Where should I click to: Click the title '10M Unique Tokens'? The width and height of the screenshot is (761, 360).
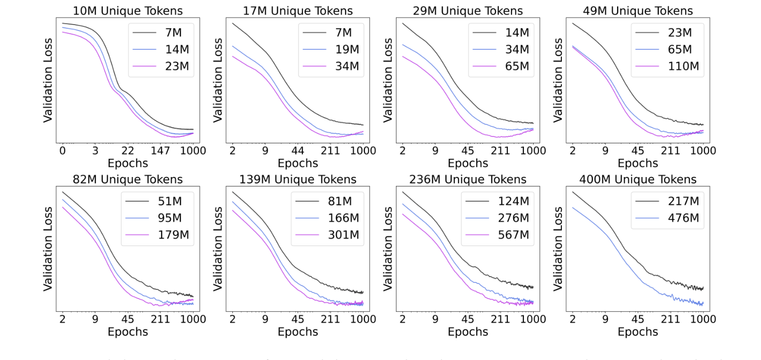(127, 11)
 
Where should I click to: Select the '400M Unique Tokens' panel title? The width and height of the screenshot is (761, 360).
(638, 179)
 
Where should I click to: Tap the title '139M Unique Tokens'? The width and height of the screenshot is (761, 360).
(298, 179)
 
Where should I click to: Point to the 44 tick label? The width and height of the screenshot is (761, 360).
(298, 151)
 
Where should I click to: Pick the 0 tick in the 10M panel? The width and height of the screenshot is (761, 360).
(63, 151)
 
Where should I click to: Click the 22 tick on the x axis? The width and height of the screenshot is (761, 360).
(127, 151)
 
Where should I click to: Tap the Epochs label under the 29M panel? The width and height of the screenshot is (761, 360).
(468, 163)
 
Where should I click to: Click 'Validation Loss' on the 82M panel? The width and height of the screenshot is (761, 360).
(48, 249)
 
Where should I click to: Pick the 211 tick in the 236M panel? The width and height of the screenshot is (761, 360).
(500, 319)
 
